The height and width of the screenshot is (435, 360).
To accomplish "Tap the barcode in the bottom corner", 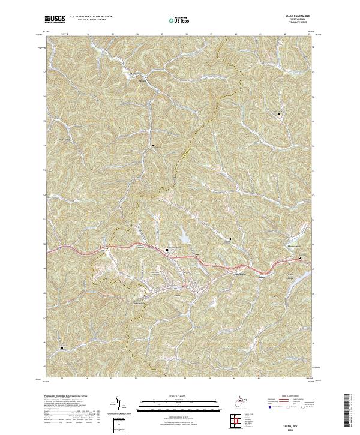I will pos(350,414).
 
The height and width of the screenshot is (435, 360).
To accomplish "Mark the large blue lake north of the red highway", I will pos(182,238).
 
